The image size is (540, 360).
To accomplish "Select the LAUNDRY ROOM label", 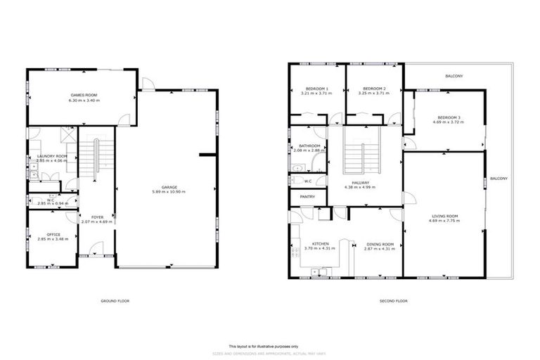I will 52,155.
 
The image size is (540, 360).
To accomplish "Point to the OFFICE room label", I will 53,235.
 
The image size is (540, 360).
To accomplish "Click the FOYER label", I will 96,217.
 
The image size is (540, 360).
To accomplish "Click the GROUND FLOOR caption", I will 115,301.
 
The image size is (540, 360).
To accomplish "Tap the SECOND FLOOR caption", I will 393,301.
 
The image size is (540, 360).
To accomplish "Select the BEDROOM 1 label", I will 315,89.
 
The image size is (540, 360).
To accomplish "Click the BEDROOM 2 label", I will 373,89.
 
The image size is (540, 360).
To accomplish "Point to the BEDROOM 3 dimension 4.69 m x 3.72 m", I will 447,122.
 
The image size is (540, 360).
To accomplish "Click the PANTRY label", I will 307,197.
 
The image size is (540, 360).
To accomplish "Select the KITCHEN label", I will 310,244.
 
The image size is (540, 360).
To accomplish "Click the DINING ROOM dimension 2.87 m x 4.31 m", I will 379,249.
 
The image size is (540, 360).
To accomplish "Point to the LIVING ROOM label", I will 443,216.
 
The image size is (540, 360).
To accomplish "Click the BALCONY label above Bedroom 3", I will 454,76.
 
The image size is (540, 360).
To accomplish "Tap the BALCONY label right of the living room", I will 499,179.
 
